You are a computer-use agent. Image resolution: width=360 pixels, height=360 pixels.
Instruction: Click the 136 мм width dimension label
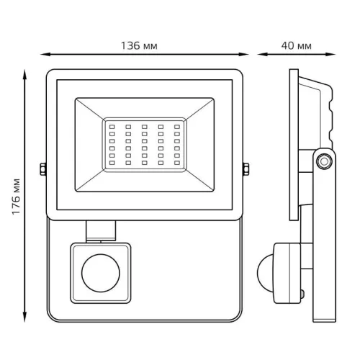139,45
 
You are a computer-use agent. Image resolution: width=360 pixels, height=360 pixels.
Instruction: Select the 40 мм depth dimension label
297,45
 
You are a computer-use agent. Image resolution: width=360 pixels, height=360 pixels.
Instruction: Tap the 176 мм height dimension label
17,197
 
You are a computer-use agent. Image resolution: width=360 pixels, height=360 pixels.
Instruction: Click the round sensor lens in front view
101,273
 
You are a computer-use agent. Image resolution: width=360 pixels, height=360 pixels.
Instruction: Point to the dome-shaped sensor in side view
265,273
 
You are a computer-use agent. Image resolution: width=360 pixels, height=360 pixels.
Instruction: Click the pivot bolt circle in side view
324,161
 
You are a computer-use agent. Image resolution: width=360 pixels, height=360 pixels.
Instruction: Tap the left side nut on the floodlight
43,169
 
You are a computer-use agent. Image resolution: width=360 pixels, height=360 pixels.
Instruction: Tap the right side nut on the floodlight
246,169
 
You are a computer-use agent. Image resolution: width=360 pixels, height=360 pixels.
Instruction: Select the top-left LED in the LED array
112,127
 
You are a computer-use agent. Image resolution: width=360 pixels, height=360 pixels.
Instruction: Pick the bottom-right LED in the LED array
177,163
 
